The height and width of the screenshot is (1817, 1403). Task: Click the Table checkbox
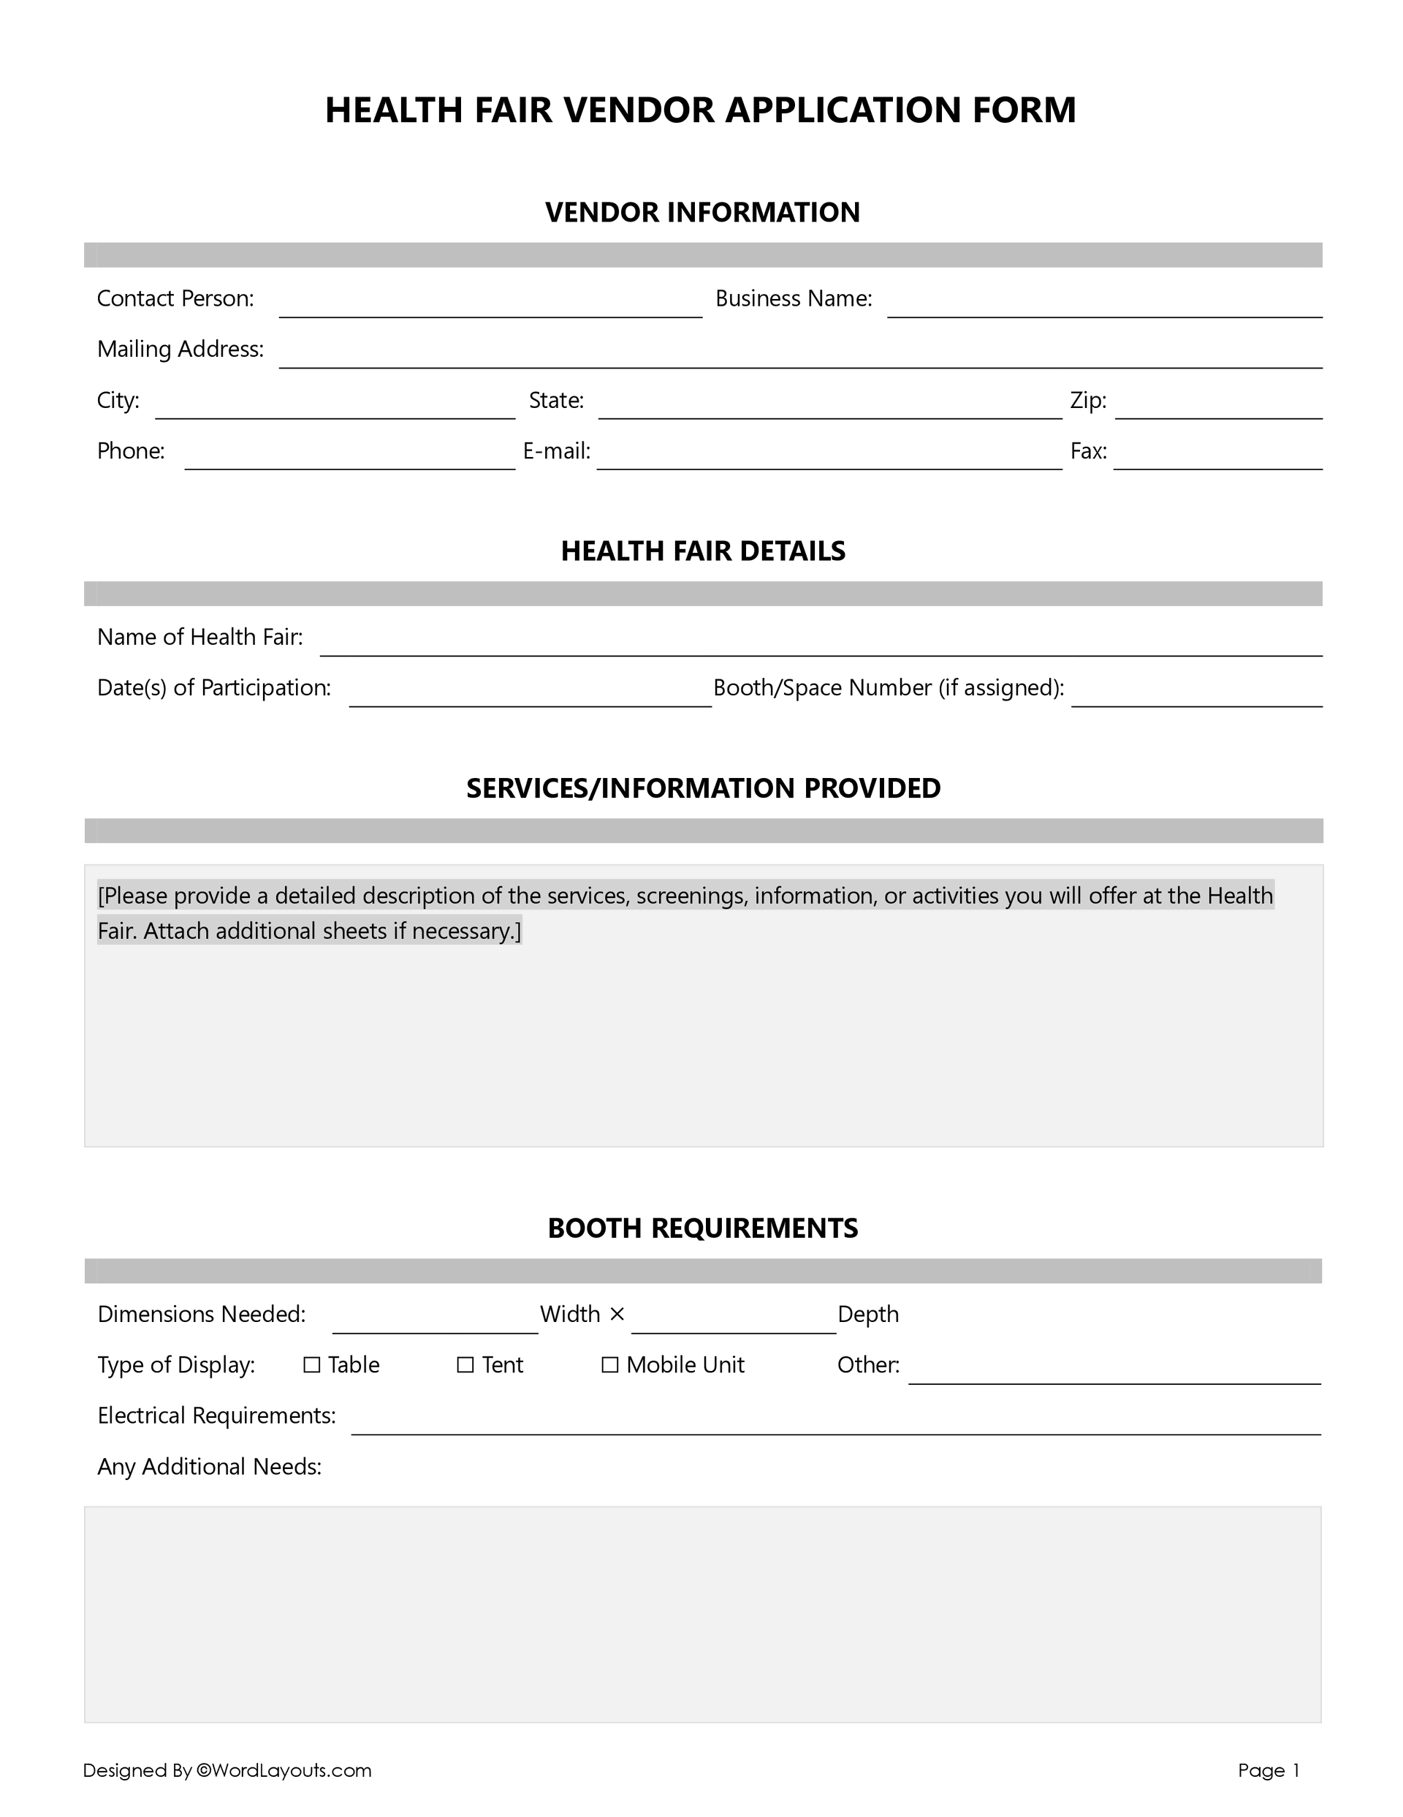point(312,1365)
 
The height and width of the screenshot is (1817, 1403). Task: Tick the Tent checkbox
point(465,1365)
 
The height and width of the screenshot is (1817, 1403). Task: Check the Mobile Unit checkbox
point(609,1365)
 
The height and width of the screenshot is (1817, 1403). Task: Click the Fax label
point(1088,451)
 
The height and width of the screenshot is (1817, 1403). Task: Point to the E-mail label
point(556,451)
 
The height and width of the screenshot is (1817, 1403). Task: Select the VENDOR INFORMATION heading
point(702,212)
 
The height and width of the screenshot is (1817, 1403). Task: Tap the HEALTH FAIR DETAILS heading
point(702,551)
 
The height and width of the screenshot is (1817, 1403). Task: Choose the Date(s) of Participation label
point(213,688)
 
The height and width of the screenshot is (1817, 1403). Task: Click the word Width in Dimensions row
point(570,1315)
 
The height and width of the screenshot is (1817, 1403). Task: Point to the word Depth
point(867,1315)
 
